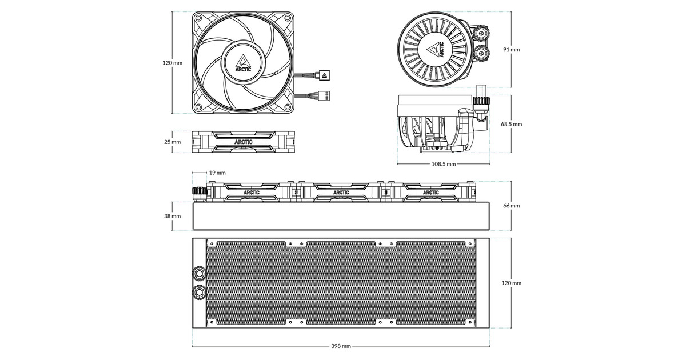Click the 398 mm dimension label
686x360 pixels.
coord(341,346)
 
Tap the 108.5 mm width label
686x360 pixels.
coord(444,164)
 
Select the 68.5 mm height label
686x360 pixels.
coord(512,125)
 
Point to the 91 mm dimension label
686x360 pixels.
coord(512,50)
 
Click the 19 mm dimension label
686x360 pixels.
coord(217,173)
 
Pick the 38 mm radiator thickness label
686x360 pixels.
coord(173,216)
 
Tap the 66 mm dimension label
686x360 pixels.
coord(512,206)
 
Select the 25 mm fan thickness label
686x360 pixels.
coord(173,142)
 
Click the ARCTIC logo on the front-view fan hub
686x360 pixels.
coord(243,63)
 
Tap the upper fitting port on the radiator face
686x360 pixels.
coord(199,273)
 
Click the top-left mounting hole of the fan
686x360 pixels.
coord(198,18)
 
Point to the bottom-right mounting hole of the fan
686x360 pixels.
coord(288,107)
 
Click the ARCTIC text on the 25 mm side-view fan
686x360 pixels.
coord(244,142)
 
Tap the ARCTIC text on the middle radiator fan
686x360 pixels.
coord(341,193)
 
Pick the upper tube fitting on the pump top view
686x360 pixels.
coord(481,33)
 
